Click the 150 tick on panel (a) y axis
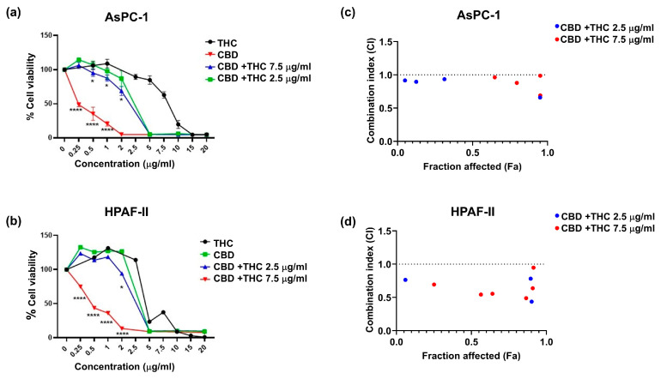[x=48, y=36]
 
